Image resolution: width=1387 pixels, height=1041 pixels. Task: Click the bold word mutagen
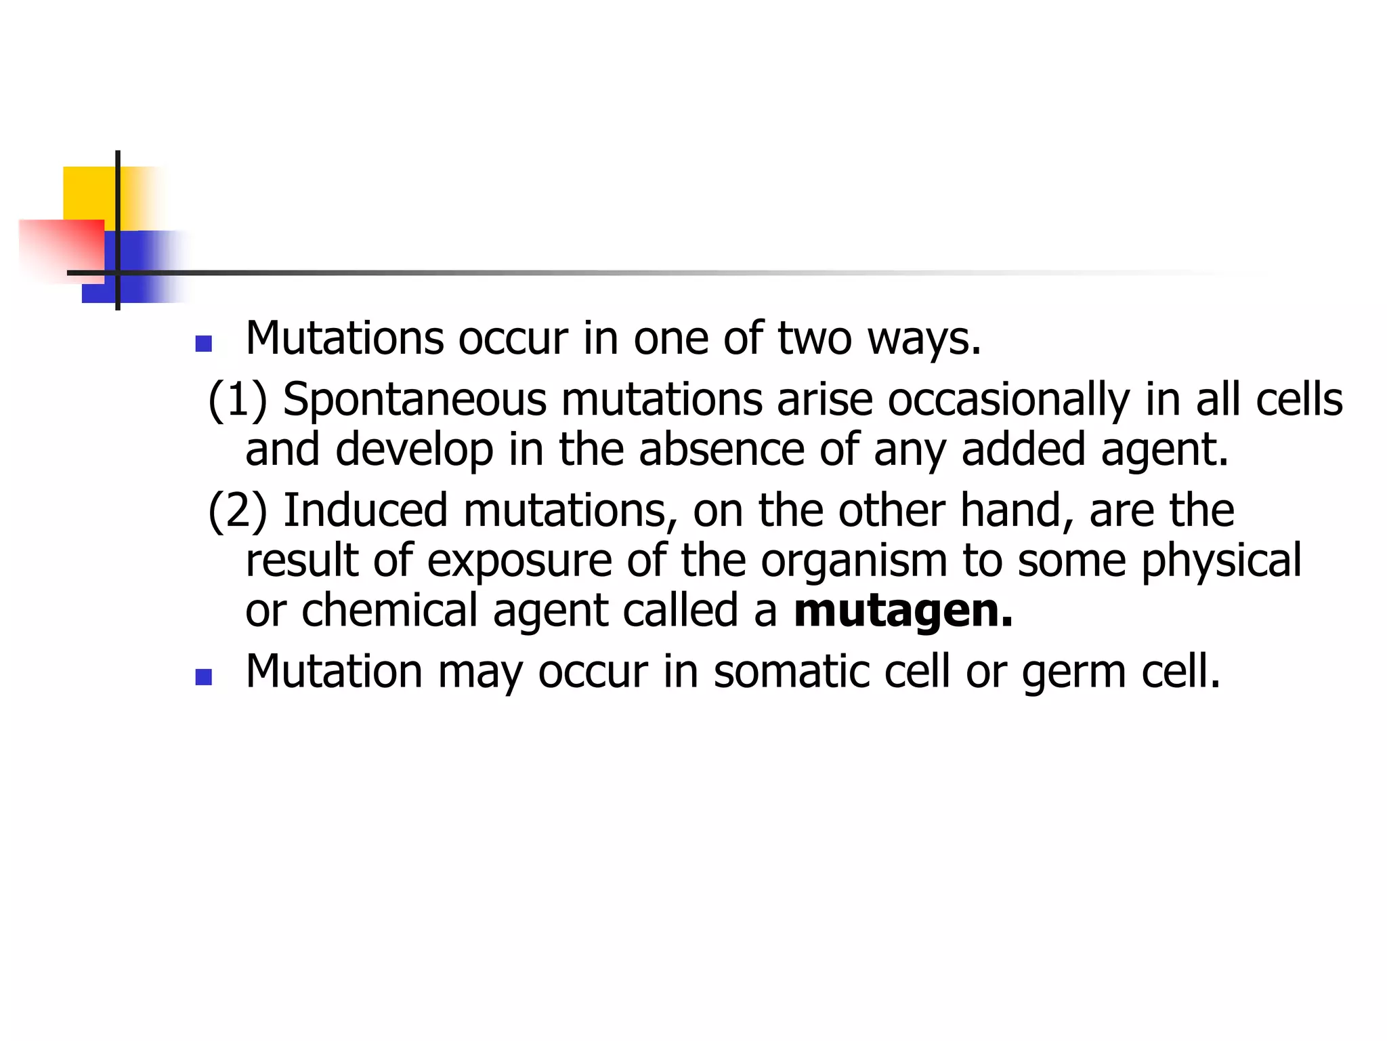pyautogui.click(x=903, y=611)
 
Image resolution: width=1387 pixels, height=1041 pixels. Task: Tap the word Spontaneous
pyautogui.click(x=414, y=400)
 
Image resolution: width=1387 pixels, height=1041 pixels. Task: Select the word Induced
pyautogui.click(x=366, y=510)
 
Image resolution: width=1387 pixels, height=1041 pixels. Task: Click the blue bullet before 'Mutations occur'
pyautogui.click(x=203, y=344)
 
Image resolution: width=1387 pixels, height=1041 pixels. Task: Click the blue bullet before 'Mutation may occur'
pyautogui.click(x=203, y=677)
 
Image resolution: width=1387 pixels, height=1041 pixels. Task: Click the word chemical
pyautogui.click(x=389, y=611)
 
